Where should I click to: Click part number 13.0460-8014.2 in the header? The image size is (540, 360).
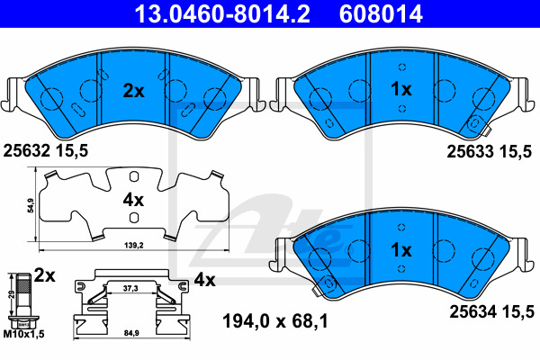[x=222, y=13]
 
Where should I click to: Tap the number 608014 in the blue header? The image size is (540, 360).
[x=381, y=13]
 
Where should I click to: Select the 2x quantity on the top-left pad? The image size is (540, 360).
[x=133, y=91]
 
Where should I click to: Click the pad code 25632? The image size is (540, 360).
[x=26, y=150]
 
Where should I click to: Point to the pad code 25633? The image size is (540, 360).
[x=471, y=151]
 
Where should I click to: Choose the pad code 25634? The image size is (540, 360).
[x=473, y=311]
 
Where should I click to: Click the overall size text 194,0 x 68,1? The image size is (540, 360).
[x=275, y=321]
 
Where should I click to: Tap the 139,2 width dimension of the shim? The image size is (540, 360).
[x=133, y=246]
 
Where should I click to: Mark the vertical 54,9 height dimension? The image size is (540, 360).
[x=31, y=205]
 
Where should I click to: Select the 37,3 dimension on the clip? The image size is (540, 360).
[x=130, y=288]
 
